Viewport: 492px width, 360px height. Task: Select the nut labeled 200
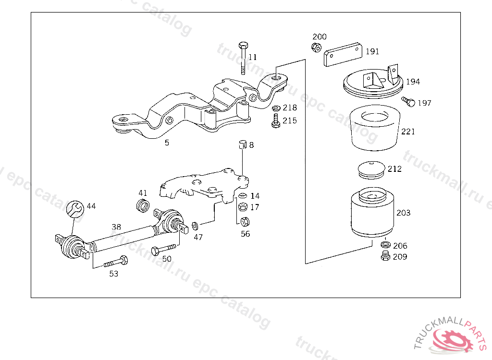(x=316, y=48)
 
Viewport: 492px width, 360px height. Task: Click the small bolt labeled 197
(x=408, y=102)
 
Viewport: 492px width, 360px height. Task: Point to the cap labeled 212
(x=371, y=170)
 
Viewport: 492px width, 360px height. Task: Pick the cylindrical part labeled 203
(x=372, y=212)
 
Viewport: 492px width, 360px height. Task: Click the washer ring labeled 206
(x=385, y=245)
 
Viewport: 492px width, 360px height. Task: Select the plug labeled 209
(x=385, y=256)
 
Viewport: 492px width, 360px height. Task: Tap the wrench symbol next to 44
(x=75, y=209)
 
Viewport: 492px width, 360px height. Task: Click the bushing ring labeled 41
(x=143, y=205)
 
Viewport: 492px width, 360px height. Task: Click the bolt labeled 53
(x=116, y=261)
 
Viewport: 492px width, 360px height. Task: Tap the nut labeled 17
(x=243, y=207)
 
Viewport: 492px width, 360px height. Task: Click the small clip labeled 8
(x=243, y=144)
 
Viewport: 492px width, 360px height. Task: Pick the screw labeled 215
(x=275, y=121)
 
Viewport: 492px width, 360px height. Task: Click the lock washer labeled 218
(x=276, y=108)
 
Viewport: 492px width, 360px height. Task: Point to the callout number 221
(x=408, y=132)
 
